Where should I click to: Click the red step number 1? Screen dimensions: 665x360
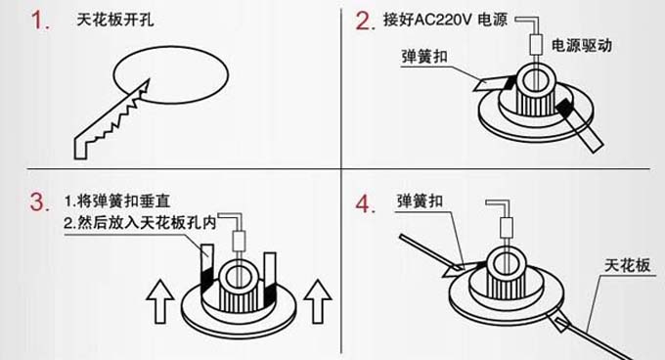coord(41,21)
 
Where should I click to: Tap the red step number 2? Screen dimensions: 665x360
coord(365,21)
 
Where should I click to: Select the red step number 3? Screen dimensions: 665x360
coord(39,202)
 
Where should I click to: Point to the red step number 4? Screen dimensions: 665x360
coord(365,203)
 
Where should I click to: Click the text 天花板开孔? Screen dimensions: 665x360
coord(115,20)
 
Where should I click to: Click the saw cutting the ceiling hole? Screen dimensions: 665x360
coord(111,119)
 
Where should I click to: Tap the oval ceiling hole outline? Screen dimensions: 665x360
coord(171,75)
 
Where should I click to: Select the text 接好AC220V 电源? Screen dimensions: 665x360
coord(445,20)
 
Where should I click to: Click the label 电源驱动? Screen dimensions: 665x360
coord(582,45)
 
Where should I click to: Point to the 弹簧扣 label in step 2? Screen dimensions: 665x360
coord(424,57)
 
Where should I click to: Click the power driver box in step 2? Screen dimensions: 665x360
coord(536,44)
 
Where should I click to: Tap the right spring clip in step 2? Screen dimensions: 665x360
coord(580,124)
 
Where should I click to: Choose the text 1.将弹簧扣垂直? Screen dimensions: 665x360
coord(117,201)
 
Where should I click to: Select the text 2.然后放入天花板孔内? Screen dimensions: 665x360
coord(141,223)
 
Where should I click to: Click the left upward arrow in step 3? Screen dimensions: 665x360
coord(159,301)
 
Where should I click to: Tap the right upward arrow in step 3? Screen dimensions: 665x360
coord(318,301)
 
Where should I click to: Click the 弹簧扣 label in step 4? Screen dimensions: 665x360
coord(420,201)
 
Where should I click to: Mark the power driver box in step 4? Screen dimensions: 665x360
coord(507,228)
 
